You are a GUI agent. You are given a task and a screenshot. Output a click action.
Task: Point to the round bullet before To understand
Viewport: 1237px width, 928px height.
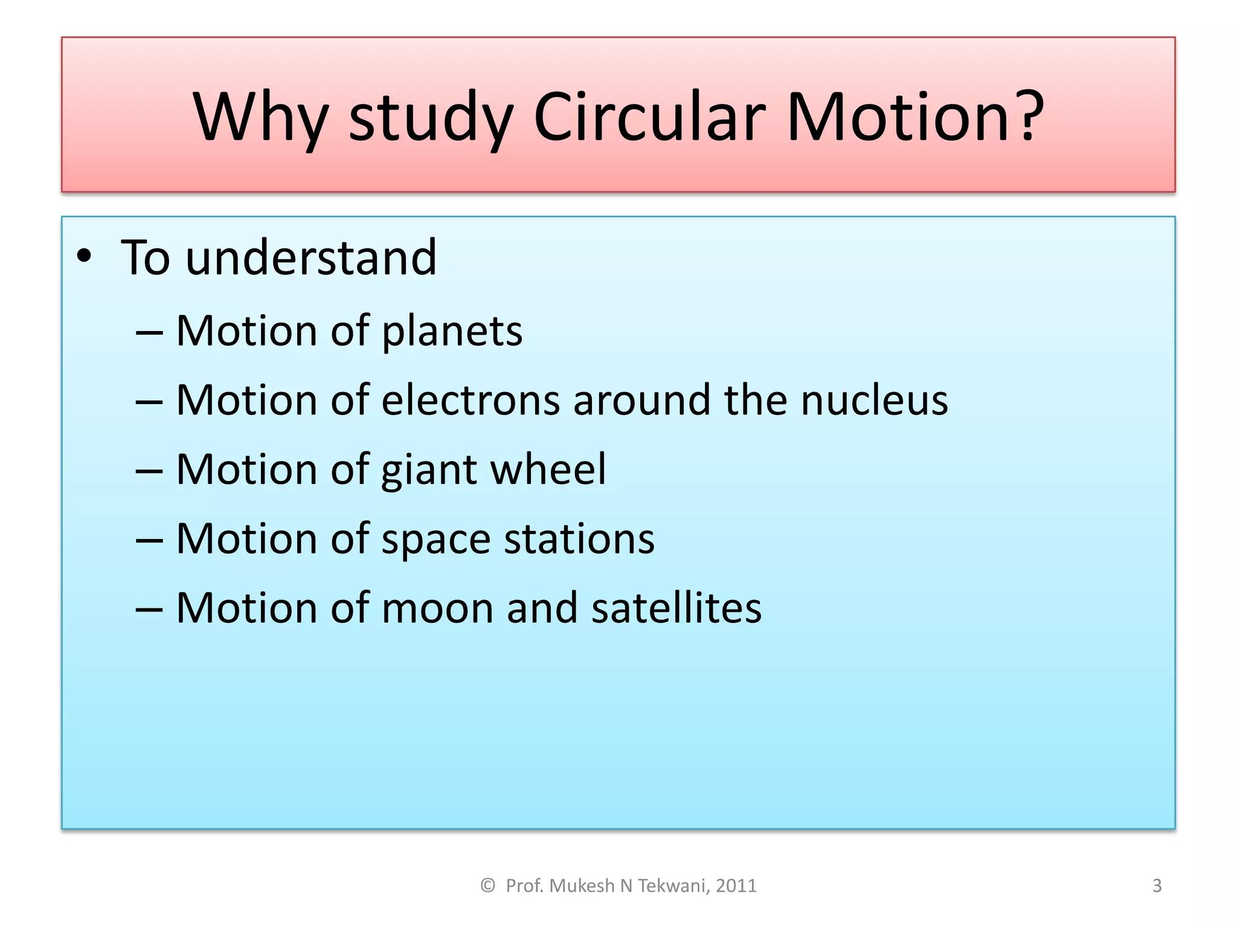(x=84, y=256)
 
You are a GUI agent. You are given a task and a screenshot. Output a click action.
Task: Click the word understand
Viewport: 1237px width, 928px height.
(x=311, y=257)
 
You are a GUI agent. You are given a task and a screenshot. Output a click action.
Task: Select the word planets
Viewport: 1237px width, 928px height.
(x=452, y=332)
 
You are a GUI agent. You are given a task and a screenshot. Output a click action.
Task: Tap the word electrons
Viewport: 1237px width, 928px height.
(x=471, y=401)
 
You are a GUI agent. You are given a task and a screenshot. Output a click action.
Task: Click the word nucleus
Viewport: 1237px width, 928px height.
(x=874, y=401)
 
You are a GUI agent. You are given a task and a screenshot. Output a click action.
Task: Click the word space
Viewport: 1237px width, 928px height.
(x=435, y=540)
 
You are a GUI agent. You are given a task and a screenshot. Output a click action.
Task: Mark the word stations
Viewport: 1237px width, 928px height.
(x=579, y=538)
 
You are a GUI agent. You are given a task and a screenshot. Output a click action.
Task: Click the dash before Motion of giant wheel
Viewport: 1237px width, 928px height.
(x=149, y=471)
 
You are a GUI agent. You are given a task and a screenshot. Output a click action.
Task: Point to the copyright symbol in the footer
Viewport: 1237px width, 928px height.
(x=487, y=886)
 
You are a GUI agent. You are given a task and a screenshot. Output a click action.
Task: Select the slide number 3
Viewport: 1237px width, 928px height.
(x=1157, y=886)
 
